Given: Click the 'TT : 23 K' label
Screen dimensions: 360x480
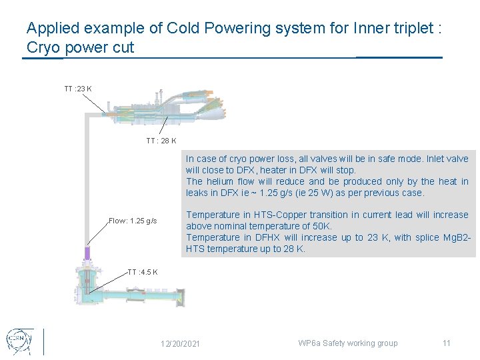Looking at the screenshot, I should (x=78, y=89).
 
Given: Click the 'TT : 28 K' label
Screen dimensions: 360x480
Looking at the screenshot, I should (x=161, y=141).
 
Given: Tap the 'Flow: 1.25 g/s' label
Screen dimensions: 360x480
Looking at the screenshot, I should (x=133, y=221).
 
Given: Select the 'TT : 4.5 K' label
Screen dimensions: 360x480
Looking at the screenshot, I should (x=143, y=272).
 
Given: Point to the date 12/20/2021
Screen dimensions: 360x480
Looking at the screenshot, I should (x=180, y=344).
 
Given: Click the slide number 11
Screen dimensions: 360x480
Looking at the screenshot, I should (x=446, y=343).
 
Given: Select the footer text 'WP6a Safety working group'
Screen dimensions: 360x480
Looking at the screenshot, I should (x=347, y=343).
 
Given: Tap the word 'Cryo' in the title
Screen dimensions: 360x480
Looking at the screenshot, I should (x=43, y=48).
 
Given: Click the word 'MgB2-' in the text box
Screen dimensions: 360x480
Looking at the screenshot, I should (x=457, y=237).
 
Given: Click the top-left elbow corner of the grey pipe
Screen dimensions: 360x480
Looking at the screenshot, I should (x=86, y=115).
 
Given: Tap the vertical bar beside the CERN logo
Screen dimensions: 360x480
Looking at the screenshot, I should (x=43, y=341).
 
